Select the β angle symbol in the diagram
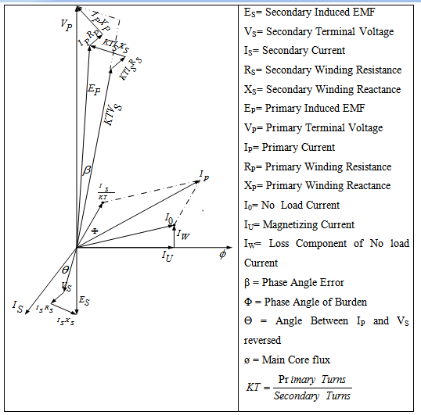[x=87, y=169]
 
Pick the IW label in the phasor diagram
[x=182, y=234]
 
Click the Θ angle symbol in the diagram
[x=66, y=270]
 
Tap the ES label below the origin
[x=84, y=301]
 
